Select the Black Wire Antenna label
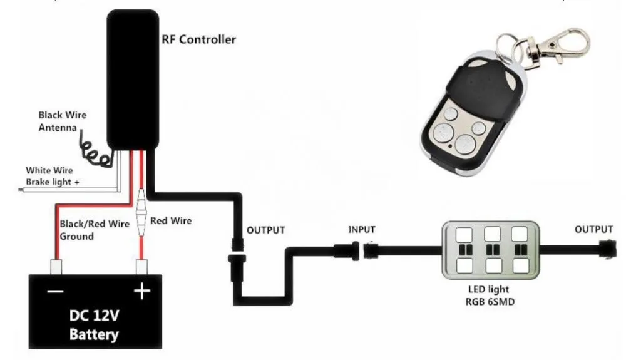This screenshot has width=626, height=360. (x=61, y=121)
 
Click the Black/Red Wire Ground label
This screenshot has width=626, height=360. (x=94, y=230)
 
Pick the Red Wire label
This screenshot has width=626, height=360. (x=171, y=220)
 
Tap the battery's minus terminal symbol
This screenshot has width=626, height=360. (x=54, y=291)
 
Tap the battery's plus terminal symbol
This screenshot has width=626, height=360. (x=142, y=291)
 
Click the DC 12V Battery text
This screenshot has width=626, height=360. (x=94, y=325)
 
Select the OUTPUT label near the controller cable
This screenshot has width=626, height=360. (x=265, y=230)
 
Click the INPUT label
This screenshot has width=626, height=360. (x=362, y=230)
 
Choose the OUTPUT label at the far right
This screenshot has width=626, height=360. (x=593, y=230)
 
